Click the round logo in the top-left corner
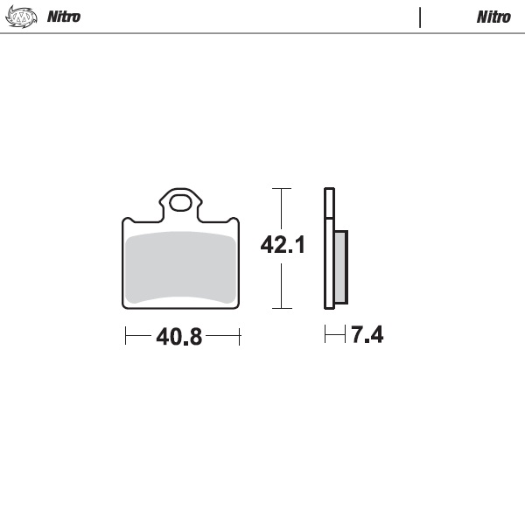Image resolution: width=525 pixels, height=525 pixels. tap(23, 16)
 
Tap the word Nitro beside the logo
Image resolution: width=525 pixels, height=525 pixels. tap(64, 17)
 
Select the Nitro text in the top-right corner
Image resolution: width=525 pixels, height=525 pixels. tap(493, 17)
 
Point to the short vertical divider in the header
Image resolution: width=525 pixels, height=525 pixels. tap(420, 17)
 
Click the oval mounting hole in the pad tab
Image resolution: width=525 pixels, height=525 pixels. tap(181, 204)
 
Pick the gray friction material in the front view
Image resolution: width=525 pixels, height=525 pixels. tap(181, 267)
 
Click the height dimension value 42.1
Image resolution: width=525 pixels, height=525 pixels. tap(283, 246)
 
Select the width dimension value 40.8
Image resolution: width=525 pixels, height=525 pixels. tap(179, 337)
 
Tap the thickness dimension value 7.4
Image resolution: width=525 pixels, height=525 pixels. tap(367, 335)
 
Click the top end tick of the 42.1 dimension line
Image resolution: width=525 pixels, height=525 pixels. tap(280, 188)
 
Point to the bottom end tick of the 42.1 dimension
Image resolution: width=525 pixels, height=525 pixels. tap(280, 308)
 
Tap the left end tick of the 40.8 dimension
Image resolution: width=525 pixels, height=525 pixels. tap(126, 335)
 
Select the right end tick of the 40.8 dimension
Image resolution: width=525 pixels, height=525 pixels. tap(239, 335)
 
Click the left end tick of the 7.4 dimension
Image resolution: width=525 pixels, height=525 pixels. tap(325, 334)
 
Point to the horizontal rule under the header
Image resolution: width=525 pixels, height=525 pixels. tap(262, 33)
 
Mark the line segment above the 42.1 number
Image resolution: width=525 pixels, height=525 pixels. tap(280, 210)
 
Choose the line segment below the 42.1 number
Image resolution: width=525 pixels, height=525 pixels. tap(280, 284)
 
